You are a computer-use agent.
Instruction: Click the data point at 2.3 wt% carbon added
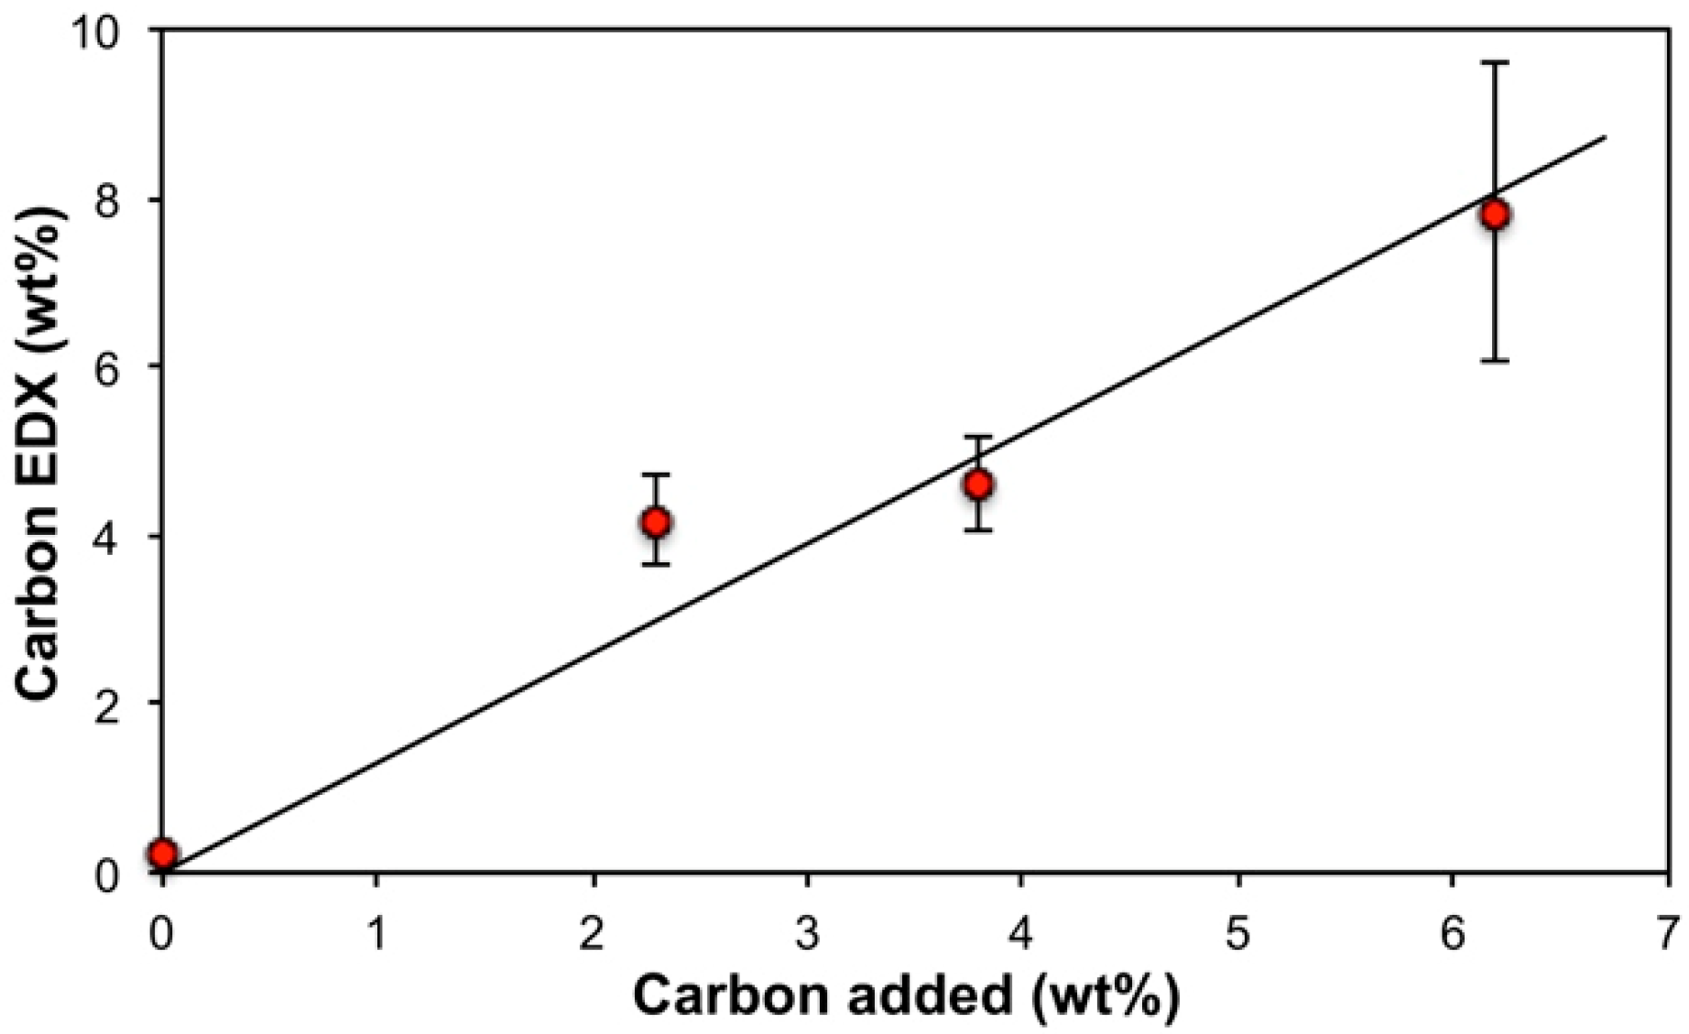656,522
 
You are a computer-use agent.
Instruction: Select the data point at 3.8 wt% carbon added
978,484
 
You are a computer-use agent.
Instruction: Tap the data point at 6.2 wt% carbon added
1495,214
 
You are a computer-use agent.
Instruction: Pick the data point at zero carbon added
163,854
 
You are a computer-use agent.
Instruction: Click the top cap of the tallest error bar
1495,62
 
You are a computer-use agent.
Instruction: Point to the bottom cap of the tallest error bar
1495,361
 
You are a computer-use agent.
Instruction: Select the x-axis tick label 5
1237,934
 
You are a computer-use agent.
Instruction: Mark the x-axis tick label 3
807,934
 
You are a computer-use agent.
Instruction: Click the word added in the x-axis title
927,995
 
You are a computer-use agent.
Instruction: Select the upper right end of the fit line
1605,137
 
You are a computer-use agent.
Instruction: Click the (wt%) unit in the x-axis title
1105,996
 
